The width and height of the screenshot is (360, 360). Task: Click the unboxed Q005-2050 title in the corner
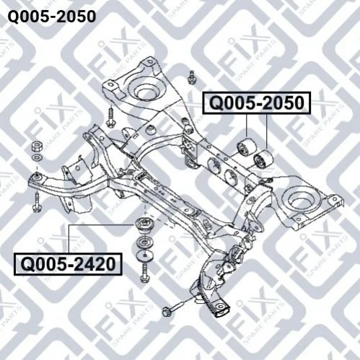coord(52,17)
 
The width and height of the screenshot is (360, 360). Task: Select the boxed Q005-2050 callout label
coord(257,102)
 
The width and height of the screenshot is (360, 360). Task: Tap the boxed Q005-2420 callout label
coord(68,264)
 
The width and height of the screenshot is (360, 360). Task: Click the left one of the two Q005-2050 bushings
coord(246,147)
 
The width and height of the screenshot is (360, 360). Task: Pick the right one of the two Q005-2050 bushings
coord(263,159)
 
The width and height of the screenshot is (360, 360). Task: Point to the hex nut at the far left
coord(37,146)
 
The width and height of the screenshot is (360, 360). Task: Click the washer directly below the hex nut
coord(38,158)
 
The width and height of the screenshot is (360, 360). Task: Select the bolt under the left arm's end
coord(38,203)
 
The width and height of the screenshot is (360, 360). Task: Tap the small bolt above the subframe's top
coord(192,77)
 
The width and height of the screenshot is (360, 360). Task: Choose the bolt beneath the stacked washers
coord(145,273)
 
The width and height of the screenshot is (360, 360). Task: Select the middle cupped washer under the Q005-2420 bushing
coord(145,242)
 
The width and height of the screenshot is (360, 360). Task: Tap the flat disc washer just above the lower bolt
coord(145,255)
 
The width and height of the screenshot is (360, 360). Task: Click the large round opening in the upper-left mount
coord(147,91)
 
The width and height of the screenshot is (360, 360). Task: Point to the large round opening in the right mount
coord(301,200)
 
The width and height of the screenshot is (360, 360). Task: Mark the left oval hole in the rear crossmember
coord(214,165)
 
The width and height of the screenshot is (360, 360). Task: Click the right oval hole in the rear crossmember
coord(231,177)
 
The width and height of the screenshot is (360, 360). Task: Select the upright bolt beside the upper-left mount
coord(111,117)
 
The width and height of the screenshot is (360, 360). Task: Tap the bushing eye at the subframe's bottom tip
coord(220,307)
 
